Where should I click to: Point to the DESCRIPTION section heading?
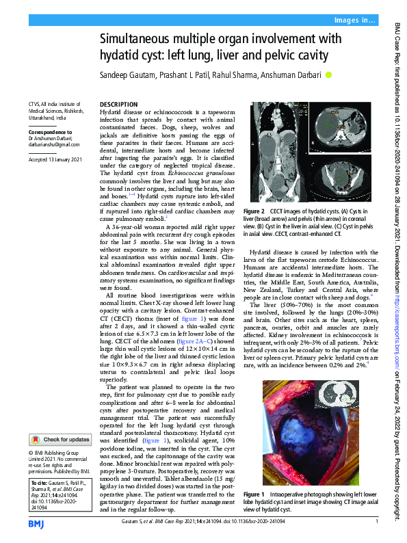pyautogui.click(x=119, y=105)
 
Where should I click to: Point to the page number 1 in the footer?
pyautogui.click(x=377, y=523)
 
